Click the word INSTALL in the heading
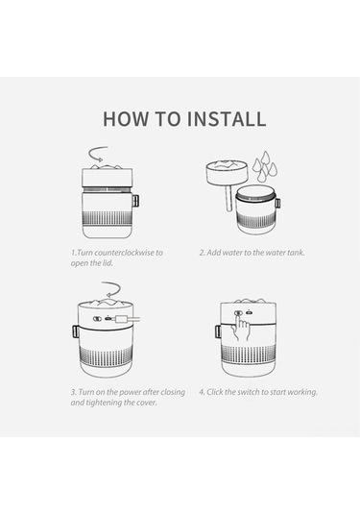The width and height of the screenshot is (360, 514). (x=227, y=119)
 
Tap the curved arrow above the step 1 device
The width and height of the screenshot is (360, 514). (x=97, y=154)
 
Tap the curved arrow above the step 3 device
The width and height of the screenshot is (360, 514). (x=111, y=289)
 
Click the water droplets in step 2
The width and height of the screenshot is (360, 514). (x=265, y=166)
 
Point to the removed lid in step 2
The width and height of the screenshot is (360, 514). (x=228, y=172)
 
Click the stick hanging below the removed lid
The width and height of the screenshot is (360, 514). (x=229, y=198)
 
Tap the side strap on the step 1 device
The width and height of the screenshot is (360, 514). (x=135, y=201)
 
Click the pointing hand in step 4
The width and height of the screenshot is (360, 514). (x=241, y=329)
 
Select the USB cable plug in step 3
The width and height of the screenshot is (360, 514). (x=120, y=319)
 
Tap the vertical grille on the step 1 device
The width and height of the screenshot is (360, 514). (x=108, y=218)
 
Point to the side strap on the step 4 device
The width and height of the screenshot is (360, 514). (x=218, y=331)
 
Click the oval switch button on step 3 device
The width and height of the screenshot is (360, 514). (x=97, y=319)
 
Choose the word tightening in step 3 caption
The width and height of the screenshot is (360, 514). (x=104, y=403)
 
